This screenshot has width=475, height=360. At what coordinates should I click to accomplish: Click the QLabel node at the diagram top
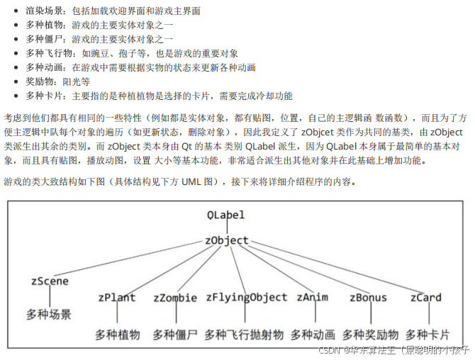[x=225, y=214]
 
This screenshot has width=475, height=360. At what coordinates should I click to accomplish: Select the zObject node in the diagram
[x=227, y=240]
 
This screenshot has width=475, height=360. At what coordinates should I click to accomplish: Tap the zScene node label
[x=50, y=281]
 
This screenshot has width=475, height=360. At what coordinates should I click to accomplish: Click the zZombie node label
[x=174, y=298]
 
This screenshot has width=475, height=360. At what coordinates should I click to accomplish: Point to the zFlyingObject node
[x=247, y=298]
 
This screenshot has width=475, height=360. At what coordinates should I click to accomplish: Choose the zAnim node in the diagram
[x=312, y=298]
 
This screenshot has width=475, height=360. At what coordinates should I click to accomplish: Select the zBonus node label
[x=368, y=298]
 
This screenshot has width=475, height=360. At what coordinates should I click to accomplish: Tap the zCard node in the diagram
[x=425, y=298]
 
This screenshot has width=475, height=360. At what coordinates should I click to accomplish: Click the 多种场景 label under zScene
[x=49, y=313]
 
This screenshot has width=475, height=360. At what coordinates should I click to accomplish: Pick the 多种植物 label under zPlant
[x=118, y=334]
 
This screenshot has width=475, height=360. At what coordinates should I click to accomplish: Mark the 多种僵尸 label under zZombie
[x=174, y=334]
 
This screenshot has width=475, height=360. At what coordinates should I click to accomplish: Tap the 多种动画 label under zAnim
[x=312, y=334]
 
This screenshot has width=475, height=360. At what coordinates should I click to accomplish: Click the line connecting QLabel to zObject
[x=225, y=227]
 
